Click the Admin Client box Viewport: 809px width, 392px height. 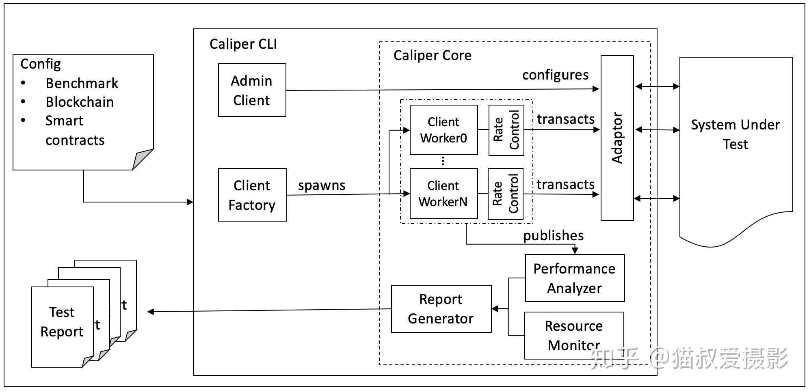tap(252, 90)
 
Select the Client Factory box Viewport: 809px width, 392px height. tap(252, 195)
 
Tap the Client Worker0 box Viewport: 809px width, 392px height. tap(443, 130)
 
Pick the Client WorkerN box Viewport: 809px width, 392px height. tap(443, 194)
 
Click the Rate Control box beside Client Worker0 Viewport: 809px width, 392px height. tap(506, 130)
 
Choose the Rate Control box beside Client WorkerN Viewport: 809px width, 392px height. tap(505, 194)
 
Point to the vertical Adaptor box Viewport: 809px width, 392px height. tap(617, 138)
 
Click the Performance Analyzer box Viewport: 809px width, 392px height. tap(574, 278)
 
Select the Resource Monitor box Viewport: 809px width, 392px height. tap(573, 335)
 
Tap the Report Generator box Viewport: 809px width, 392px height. tap(441, 309)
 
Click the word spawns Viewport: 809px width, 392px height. tap(322, 185)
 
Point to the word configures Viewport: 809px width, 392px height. tap(555, 75)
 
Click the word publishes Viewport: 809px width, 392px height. tap(553, 235)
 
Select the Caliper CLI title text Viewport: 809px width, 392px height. tap(243, 44)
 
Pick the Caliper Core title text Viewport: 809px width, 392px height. tap(432, 55)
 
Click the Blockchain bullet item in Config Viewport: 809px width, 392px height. tap(79, 102)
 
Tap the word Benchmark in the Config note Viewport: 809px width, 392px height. tap(82, 83)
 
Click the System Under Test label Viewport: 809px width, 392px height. tap(735, 134)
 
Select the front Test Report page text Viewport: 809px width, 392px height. tap(62, 322)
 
